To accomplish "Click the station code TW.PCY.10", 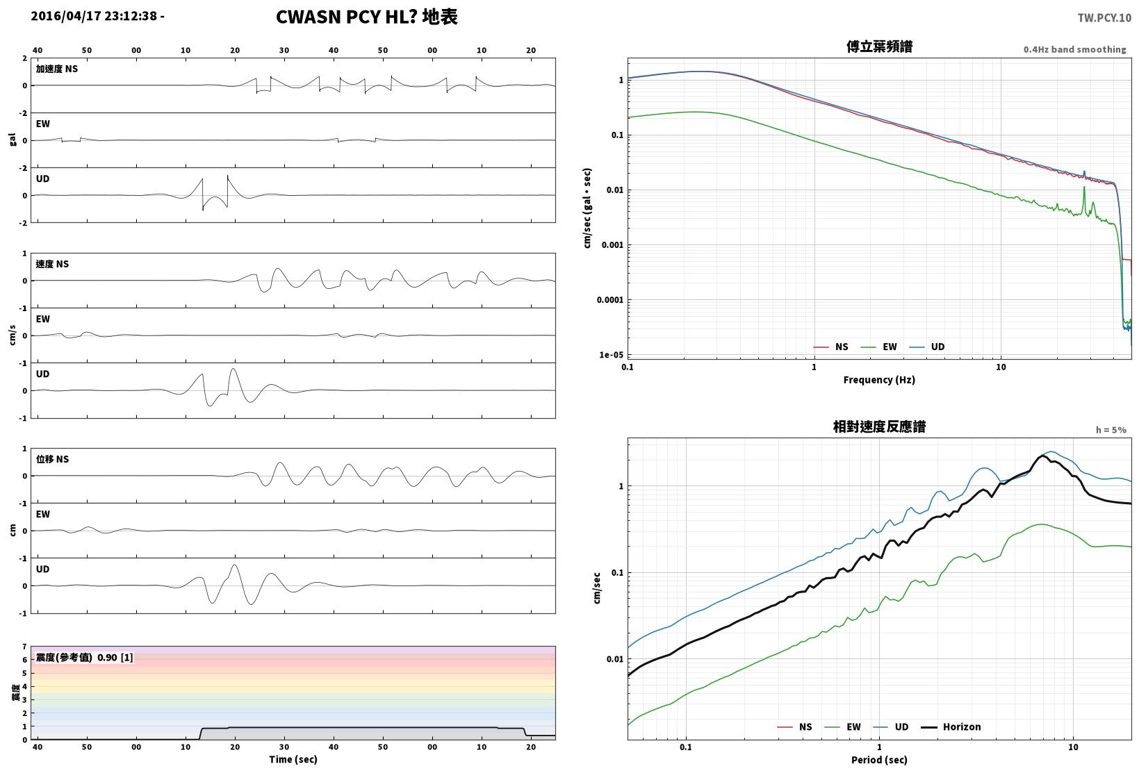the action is (1104, 18).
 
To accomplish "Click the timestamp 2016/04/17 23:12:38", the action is (94, 16).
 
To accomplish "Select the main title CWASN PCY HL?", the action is (346, 17).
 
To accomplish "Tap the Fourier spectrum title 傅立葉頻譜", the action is (879, 47).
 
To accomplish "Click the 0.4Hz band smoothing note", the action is (1074, 49).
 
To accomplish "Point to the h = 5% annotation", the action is (1111, 430).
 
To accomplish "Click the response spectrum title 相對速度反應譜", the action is (879, 426).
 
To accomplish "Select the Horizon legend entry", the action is (951, 726).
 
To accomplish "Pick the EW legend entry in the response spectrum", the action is (842, 726).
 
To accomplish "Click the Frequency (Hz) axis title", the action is (879, 380).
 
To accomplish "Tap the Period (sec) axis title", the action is (879, 760).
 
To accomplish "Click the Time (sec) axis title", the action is (293, 759).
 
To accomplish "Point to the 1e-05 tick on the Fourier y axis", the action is (611, 355).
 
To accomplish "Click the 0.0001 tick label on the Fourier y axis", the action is (609, 300).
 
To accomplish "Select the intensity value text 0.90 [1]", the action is (115, 658).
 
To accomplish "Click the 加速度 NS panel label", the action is (57, 69).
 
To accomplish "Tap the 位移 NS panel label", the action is (52, 459).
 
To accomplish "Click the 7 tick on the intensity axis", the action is (24, 647).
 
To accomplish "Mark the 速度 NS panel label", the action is (52, 264).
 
